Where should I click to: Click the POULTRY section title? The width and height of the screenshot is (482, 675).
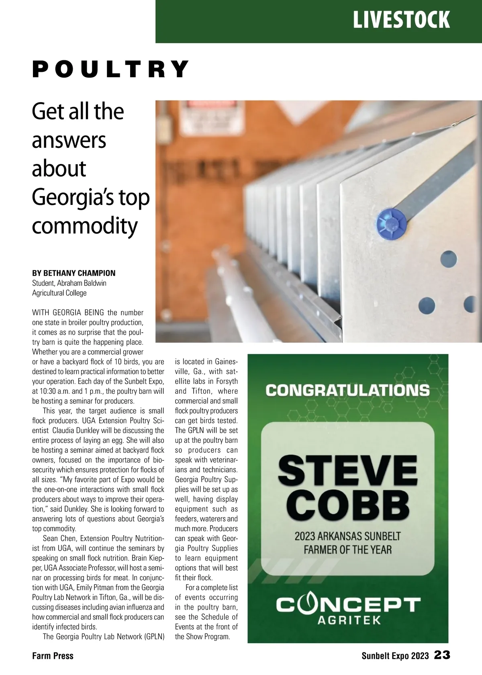[x=110, y=69]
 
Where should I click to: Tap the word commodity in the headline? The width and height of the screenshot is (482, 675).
[x=84, y=226]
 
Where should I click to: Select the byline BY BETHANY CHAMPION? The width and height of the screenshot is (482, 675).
[x=74, y=273]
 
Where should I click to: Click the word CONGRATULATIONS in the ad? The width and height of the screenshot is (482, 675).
[x=347, y=390]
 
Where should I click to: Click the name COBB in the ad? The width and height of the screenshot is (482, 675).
[x=347, y=504]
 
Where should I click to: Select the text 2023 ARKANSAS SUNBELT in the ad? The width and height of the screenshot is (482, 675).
[x=347, y=536]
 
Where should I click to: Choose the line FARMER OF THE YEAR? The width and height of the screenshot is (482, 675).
[x=347, y=549]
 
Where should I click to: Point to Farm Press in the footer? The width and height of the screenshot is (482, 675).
[x=53, y=656]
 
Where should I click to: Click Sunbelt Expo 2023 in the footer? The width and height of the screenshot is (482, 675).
[x=395, y=656]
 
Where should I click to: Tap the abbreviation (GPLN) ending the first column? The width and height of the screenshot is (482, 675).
[x=154, y=636]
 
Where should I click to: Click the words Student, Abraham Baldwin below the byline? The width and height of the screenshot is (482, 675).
[x=69, y=283]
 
